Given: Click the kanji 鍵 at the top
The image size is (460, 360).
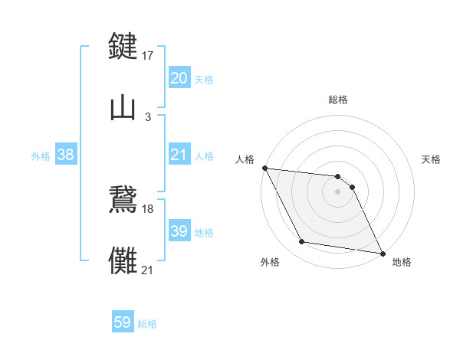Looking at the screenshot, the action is click(x=123, y=45).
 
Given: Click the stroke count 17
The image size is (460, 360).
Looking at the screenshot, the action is click(x=148, y=55).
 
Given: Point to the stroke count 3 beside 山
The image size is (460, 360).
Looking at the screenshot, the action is click(x=148, y=116).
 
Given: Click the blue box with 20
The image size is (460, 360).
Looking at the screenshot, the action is click(x=179, y=78).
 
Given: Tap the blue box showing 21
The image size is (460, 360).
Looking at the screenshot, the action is click(x=179, y=155).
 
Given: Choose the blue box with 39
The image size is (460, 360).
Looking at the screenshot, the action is click(x=179, y=231).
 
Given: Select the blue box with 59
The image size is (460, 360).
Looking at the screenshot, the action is click(x=123, y=323).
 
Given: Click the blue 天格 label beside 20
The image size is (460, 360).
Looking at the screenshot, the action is click(x=204, y=79).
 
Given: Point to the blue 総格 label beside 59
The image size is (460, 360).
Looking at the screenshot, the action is click(x=147, y=324).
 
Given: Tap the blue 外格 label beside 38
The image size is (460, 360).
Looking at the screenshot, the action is click(x=41, y=156).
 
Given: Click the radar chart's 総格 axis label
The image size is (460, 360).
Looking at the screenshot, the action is click(x=338, y=100).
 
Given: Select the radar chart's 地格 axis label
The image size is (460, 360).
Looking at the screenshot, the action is click(x=402, y=262).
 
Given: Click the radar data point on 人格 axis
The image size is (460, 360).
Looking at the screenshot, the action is click(x=264, y=168).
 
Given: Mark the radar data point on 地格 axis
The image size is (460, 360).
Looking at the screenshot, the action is click(x=382, y=252).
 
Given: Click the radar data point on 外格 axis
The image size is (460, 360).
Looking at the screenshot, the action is click(x=302, y=242).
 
